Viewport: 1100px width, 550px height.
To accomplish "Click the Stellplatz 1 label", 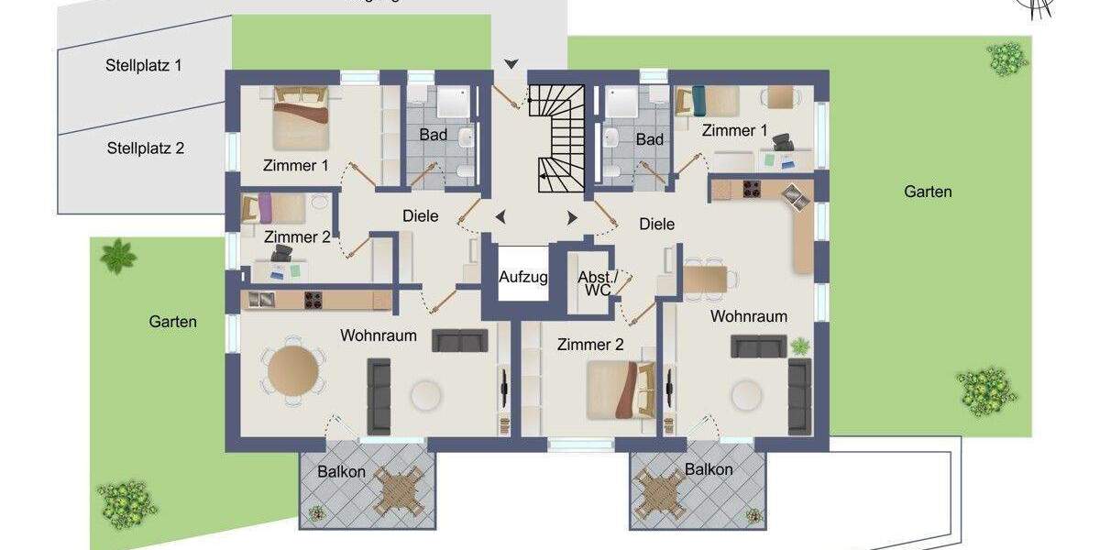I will pyautogui.click(x=143, y=66).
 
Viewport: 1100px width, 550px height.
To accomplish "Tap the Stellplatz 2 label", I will pyautogui.click(x=146, y=148).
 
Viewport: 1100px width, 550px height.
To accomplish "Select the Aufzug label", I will pyautogui.click(x=523, y=277).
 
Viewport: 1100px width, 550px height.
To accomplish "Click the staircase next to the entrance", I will pyautogui.click(x=557, y=137).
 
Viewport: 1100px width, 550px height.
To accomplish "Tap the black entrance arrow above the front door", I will pyautogui.click(x=511, y=63).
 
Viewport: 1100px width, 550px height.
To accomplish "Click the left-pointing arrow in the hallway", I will pyautogui.click(x=500, y=217).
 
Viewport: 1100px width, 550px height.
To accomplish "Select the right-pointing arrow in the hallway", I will pyautogui.click(x=572, y=217).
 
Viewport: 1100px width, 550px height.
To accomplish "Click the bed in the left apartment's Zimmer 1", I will pyautogui.click(x=301, y=119).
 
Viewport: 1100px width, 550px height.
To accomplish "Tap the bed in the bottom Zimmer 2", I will pyautogui.click(x=621, y=389).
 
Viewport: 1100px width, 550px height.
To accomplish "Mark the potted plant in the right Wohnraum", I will pyautogui.click(x=800, y=346).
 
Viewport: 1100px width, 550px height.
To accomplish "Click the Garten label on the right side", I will pyautogui.click(x=928, y=192).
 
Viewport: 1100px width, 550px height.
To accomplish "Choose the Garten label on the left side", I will pyautogui.click(x=173, y=322).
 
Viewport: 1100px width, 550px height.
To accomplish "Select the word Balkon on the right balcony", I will pyautogui.click(x=709, y=469).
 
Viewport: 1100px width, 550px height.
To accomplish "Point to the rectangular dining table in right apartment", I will pyautogui.click(x=706, y=278).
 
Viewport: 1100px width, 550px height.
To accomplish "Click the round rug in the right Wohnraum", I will pyautogui.click(x=746, y=395).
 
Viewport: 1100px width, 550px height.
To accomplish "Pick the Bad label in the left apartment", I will pyautogui.click(x=434, y=136).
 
